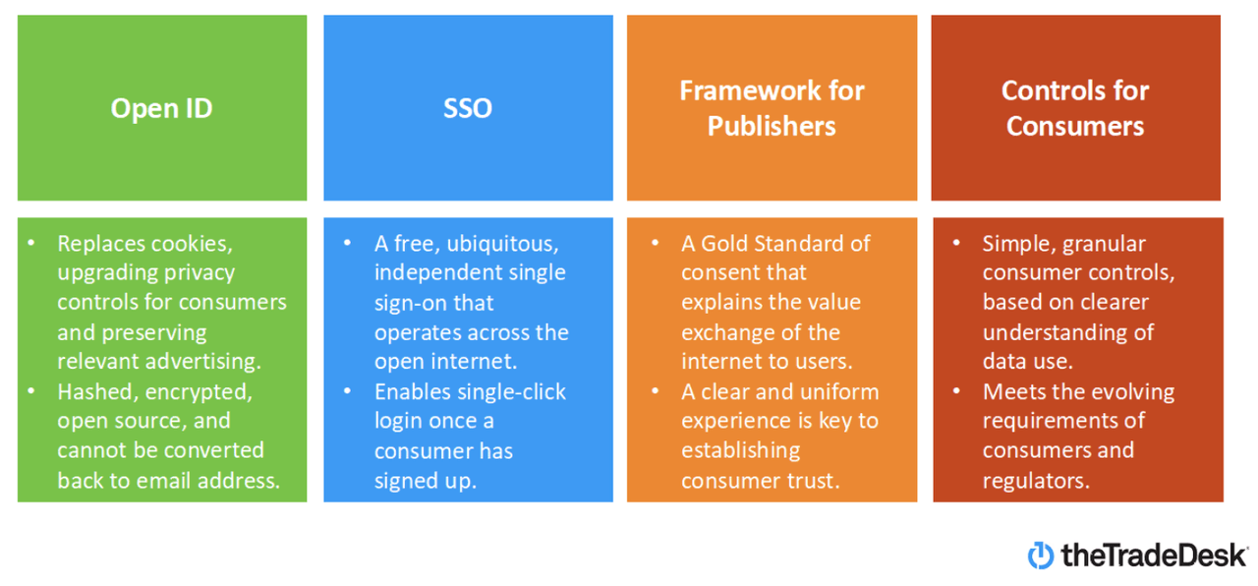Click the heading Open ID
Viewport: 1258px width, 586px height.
(161, 107)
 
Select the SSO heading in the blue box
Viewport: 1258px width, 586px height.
(468, 107)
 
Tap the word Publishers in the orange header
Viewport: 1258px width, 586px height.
(772, 126)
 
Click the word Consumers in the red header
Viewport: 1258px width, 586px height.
(1075, 126)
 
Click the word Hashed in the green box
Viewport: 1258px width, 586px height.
(96, 391)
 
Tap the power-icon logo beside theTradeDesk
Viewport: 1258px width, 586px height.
(1040, 556)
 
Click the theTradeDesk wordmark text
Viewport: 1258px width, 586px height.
(1154, 556)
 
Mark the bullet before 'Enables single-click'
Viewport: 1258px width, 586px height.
(349, 390)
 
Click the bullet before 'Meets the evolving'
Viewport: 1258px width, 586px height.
(957, 390)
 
